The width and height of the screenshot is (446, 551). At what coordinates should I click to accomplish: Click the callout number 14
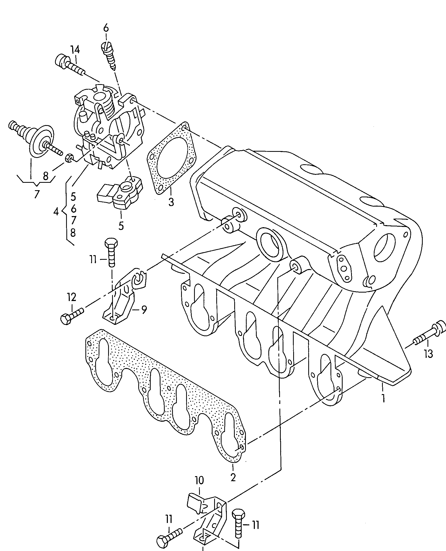[75, 49]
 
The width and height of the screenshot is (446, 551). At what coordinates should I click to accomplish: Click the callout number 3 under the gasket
[171, 202]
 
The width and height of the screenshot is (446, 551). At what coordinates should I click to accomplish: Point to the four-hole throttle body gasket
[172, 159]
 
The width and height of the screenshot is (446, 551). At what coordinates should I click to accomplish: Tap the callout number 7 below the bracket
[36, 194]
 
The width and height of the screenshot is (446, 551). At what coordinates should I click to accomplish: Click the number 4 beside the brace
[56, 212]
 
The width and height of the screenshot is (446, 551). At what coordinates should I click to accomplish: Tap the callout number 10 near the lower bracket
[200, 488]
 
